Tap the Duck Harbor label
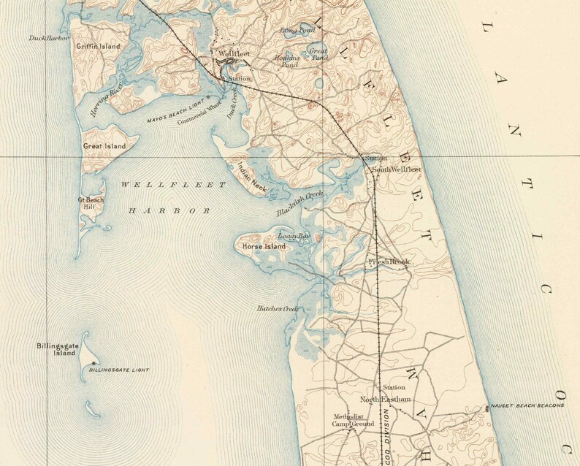[x=48, y=38]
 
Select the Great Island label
[x=104, y=146]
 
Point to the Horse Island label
[x=264, y=247]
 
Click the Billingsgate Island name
[x=56, y=350]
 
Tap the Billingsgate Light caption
[x=118, y=370]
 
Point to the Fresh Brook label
[x=389, y=261]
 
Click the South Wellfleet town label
[x=397, y=169]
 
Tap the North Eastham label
[x=386, y=400]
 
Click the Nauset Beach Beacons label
[x=527, y=405]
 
